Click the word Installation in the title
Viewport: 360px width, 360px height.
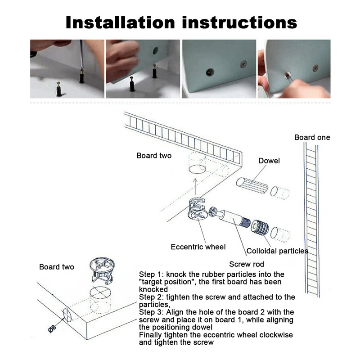[120, 22]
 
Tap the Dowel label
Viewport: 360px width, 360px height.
[269, 161]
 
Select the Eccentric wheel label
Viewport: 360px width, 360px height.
[198, 247]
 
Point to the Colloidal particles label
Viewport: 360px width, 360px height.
[277, 251]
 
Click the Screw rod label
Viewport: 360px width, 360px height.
[247, 264]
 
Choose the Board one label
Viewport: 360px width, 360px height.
[312, 137]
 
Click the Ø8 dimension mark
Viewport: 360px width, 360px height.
[53, 328]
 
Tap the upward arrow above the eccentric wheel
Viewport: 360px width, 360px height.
[195, 186]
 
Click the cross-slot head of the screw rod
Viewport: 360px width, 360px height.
[213, 211]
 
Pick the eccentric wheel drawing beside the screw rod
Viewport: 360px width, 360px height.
[198, 209]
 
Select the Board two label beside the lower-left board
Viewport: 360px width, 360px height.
[57, 267]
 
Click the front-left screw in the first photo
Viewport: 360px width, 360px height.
[59, 89]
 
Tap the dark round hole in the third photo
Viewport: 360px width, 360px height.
[210, 72]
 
